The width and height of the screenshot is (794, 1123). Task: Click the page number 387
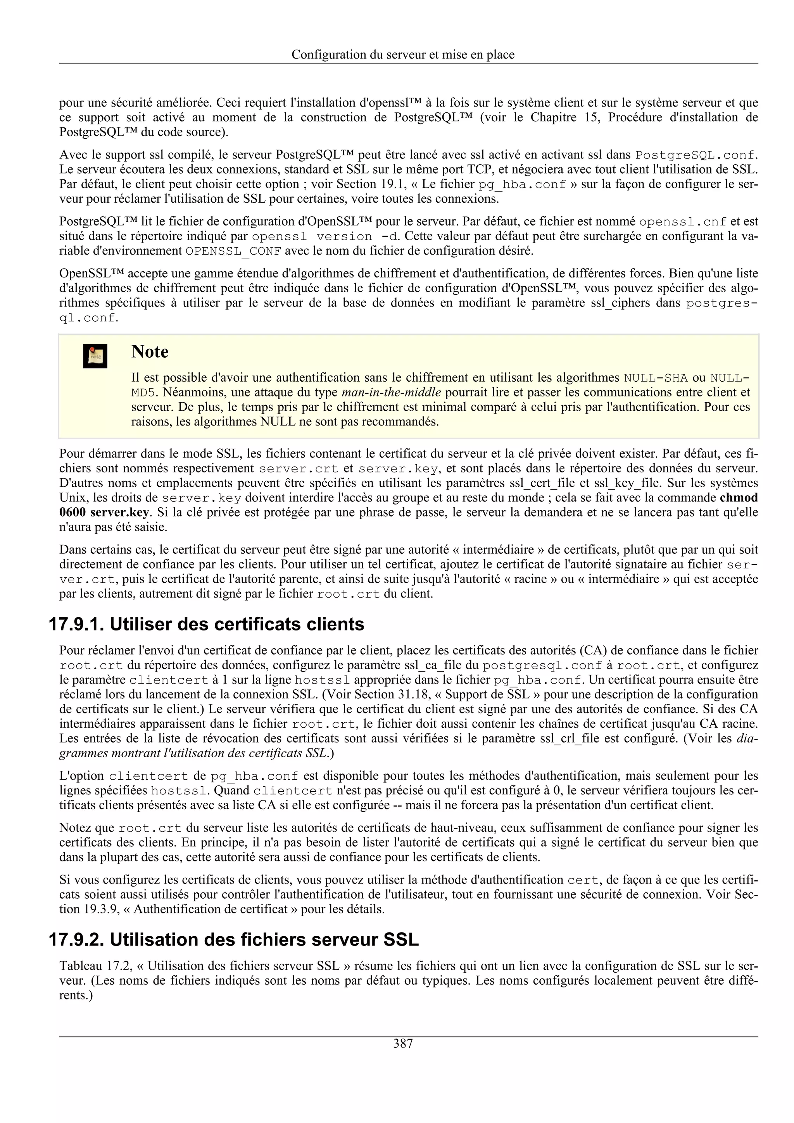click(x=403, y=1044)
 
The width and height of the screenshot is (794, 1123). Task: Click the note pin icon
click(x=95, y=356)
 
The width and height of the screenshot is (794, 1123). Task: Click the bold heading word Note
click(x=150, y=352)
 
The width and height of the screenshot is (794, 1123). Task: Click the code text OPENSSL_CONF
click(x=233, y=251)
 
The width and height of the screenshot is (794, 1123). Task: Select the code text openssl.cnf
click(x=683, y=222)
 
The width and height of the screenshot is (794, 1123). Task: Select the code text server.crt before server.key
click(x=299, y=468)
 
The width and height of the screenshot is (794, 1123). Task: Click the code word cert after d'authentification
click(x=583, y=880)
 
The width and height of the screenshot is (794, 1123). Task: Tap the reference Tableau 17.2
click(x=93, y=966)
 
